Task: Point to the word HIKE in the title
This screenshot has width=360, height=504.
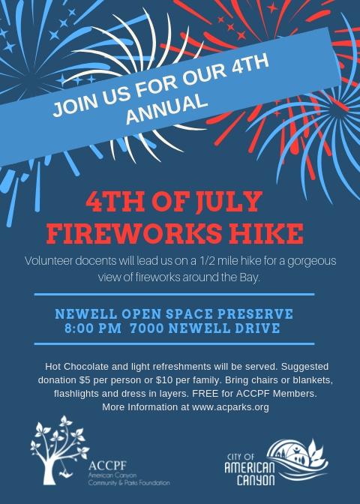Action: pos(266,233)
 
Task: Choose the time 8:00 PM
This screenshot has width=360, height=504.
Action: pos(93,328)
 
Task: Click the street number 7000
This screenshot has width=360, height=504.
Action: pos(148,328)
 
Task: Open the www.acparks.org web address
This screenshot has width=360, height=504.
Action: pos(230,407)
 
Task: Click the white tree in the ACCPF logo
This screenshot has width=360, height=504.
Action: pos(59,450)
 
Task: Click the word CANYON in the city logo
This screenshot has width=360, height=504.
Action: pos(256,479)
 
